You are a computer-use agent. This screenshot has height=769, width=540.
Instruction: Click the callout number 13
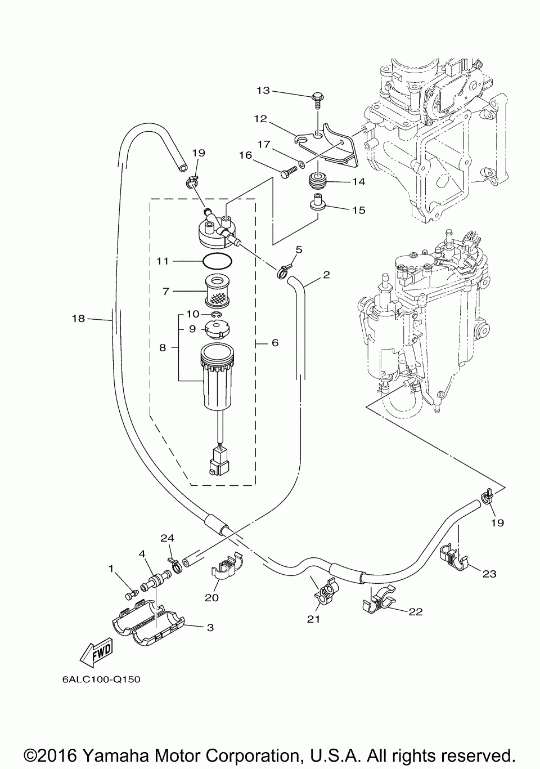(263, 91)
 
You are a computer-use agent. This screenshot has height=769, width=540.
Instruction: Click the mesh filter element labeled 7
(217, 292)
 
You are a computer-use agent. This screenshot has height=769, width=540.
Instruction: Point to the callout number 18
(78, 319)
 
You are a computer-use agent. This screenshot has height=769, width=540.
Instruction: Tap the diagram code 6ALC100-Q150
(102, 679)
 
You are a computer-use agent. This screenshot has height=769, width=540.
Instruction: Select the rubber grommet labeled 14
(317, 182)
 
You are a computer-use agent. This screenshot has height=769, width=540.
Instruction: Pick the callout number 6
(275, 343)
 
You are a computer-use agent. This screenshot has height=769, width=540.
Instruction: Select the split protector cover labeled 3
(148, 624)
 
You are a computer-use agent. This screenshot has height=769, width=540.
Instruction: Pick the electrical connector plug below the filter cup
(219, 463)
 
